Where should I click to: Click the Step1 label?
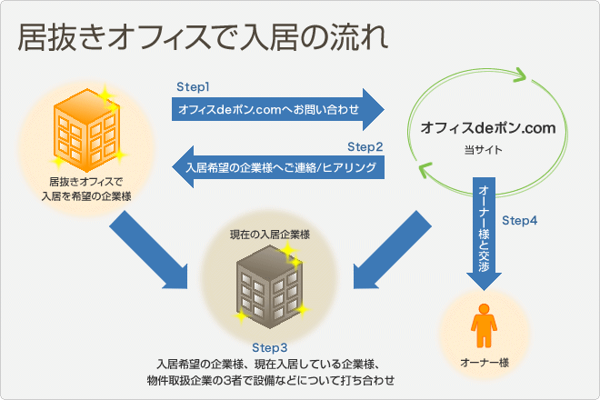point(193,87)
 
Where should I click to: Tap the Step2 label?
point(365,147)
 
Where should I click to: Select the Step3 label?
point(269,348)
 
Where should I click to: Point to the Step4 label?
point(519,221)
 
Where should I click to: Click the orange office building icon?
point(86,130)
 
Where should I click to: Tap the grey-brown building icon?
point(269,287)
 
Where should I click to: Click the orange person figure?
point(484,325)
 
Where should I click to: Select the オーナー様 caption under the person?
point(485,363)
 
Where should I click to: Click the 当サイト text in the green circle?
point(484,150)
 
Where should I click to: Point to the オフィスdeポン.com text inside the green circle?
point(488,128)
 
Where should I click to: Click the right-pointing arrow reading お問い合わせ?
point(278,109)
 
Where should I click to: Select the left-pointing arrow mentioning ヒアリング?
point(278,167)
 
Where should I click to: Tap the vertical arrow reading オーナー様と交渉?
point(484,234)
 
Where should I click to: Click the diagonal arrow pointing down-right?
point(149,250)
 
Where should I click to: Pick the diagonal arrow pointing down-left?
point(392,250)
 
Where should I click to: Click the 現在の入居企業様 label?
point(270,235)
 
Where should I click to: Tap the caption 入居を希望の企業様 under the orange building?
point(86,196)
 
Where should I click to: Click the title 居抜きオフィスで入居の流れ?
point(204,37)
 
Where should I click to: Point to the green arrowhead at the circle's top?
point(519,75)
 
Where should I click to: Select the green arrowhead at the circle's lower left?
point(425,170)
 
